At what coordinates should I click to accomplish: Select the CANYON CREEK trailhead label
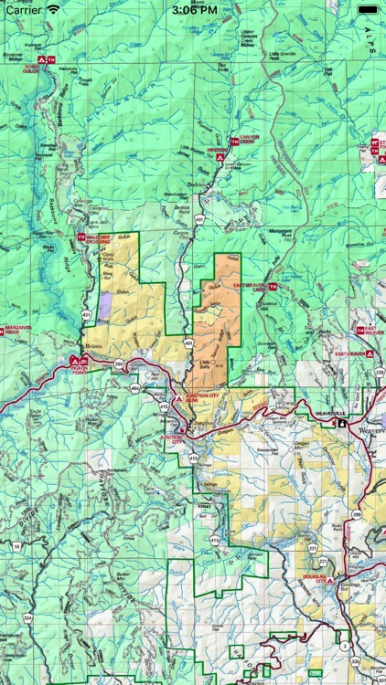tap(251, 139)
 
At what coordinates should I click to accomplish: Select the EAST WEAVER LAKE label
tap(248, 287)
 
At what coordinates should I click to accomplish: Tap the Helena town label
tap(94, 348)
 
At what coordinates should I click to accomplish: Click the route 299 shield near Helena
tap(119, 363)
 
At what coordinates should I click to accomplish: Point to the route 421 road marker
tap(86, 315)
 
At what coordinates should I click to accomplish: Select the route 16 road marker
tap(16, 545)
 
